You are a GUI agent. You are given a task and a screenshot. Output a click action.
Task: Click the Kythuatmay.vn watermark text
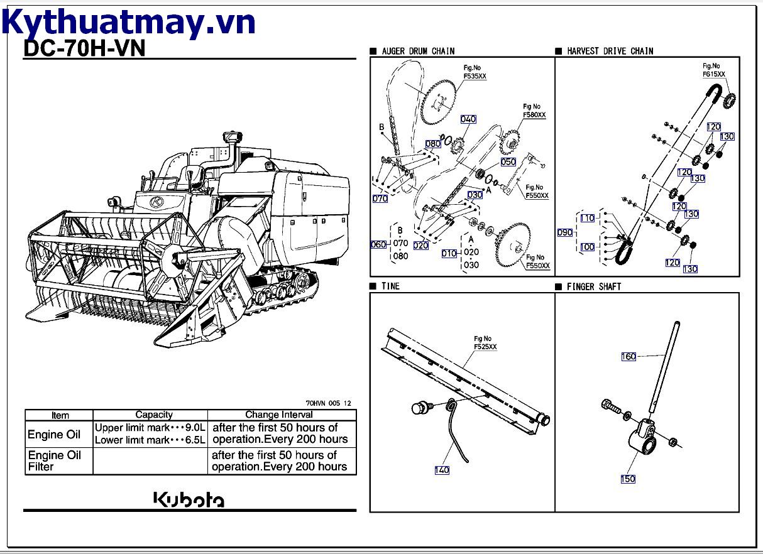128,22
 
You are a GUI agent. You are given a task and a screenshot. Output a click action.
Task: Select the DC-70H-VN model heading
84,49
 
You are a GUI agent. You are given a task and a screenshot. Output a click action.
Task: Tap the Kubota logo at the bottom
189,499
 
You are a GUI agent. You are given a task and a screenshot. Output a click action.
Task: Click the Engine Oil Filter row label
55,460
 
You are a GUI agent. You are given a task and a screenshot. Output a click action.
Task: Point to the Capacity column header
154,415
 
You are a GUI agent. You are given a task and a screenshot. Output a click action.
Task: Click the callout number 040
468,119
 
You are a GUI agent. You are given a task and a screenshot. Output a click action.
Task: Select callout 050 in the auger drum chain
508,162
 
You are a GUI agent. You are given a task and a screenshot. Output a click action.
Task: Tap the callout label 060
379,244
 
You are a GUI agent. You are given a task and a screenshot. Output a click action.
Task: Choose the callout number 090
565,232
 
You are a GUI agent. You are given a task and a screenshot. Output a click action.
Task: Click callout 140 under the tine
442,470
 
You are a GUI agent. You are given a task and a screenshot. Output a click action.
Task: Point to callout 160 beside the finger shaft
629,357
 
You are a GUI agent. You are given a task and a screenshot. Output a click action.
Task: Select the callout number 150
628,479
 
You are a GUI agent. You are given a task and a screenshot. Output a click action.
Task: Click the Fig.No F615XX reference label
713,70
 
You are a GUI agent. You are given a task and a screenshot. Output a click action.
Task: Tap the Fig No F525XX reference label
485,342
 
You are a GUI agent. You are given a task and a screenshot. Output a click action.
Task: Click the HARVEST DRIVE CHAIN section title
610,51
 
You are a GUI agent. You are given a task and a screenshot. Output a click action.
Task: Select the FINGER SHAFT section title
593,286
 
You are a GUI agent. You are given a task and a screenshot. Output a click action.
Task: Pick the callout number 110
587,219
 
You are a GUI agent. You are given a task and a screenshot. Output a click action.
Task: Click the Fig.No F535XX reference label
475,72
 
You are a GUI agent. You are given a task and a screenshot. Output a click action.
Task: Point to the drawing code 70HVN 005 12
328,403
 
